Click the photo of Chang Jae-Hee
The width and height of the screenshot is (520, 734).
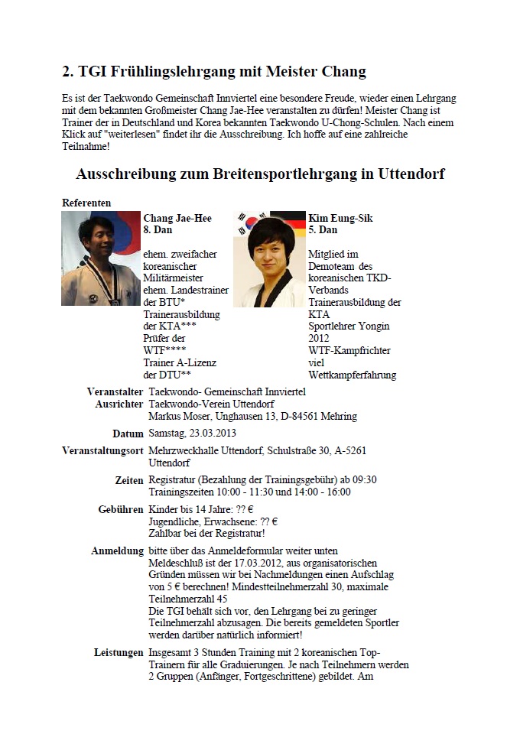coord(101,258)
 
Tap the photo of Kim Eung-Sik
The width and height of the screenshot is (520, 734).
coord(270,258)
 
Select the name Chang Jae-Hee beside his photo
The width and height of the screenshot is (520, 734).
coord(177,218)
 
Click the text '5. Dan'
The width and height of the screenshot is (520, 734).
coord(323,229)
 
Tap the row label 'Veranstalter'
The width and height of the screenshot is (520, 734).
coord(115,391)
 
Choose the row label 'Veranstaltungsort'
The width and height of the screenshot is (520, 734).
coord(102,451)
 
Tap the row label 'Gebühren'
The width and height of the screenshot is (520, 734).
coord(121,509)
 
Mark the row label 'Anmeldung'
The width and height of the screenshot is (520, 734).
coord(117,550)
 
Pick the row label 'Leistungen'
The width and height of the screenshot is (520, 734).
coord(118,652)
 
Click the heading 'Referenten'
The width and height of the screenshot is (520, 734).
coord(86,203)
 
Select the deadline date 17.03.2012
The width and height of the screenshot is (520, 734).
coord(241,563)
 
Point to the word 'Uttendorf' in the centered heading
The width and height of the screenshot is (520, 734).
coord(411,174)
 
